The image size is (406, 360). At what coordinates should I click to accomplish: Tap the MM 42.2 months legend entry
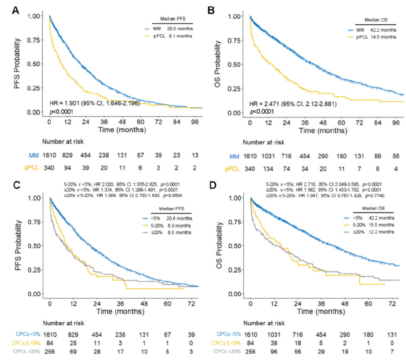tap(370, 30)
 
